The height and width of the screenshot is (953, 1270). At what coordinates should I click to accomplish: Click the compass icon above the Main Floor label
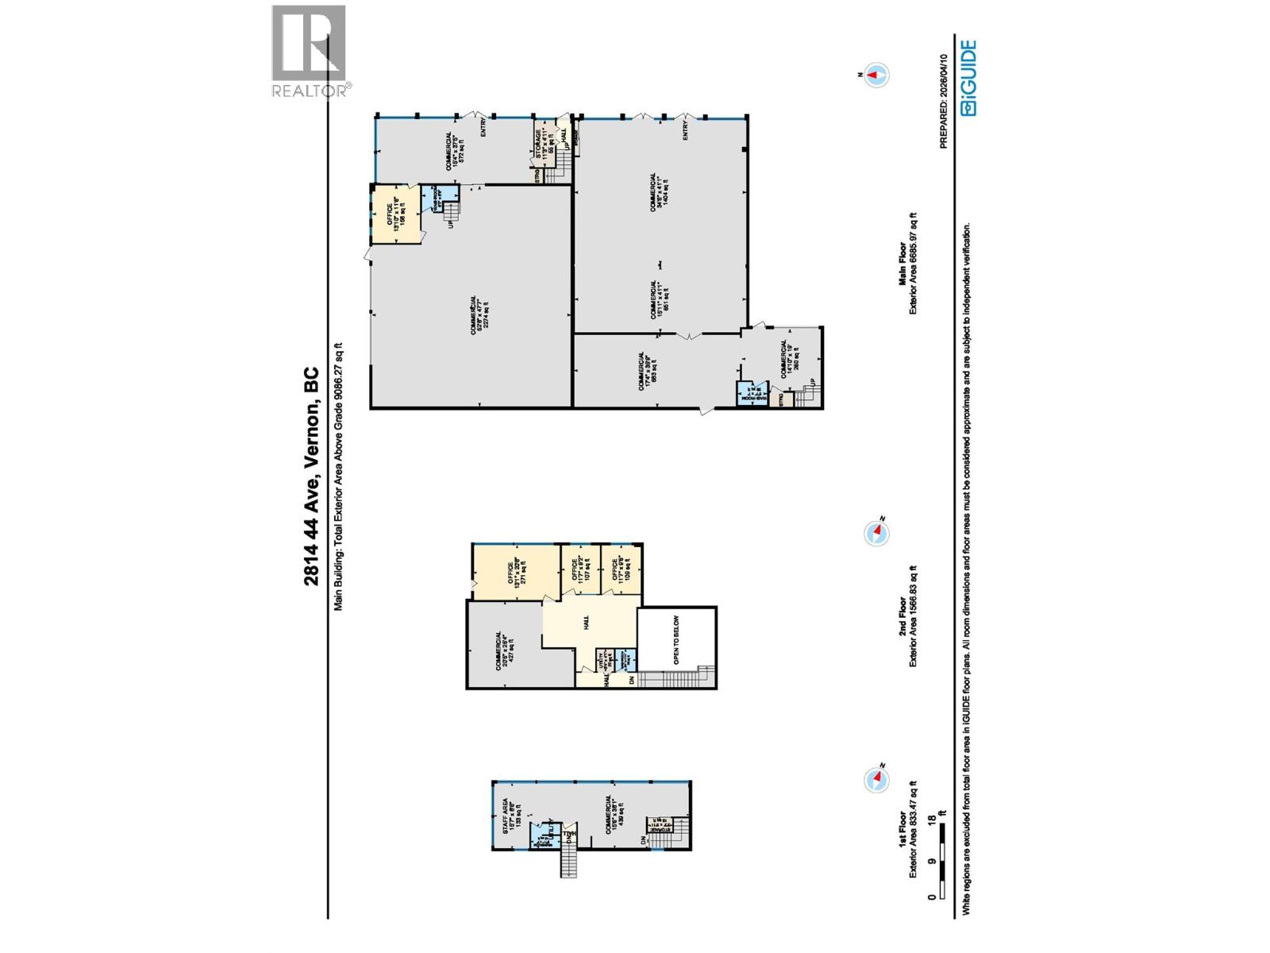click(x=876, y=75)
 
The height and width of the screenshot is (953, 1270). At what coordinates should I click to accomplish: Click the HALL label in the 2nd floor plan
click(x=586, y=624)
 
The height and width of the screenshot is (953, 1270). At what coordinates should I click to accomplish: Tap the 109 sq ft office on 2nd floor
click(x=618, y=569)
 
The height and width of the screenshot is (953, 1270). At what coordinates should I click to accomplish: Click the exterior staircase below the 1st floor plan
click(x=568, y=861)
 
